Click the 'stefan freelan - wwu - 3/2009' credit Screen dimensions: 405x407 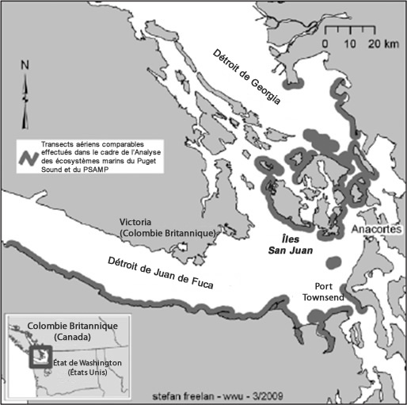205,394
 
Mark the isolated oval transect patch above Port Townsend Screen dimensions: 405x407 333,261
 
